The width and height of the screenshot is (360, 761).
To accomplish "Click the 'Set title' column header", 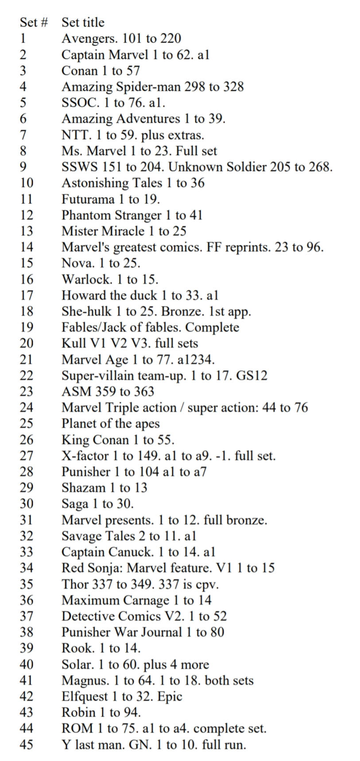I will (x=83, y=23).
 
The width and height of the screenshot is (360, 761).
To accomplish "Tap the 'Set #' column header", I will (x=34, y=23).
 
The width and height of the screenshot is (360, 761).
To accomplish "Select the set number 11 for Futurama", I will (x=26, y=199).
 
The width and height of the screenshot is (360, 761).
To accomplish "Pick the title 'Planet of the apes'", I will (x=110, y=423).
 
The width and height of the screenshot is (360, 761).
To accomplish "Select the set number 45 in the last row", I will (x=26, y=745).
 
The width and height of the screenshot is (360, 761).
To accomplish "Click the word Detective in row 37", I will (x=87, y=616).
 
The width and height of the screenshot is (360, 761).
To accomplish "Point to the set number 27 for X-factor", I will (x=26, y=456).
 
